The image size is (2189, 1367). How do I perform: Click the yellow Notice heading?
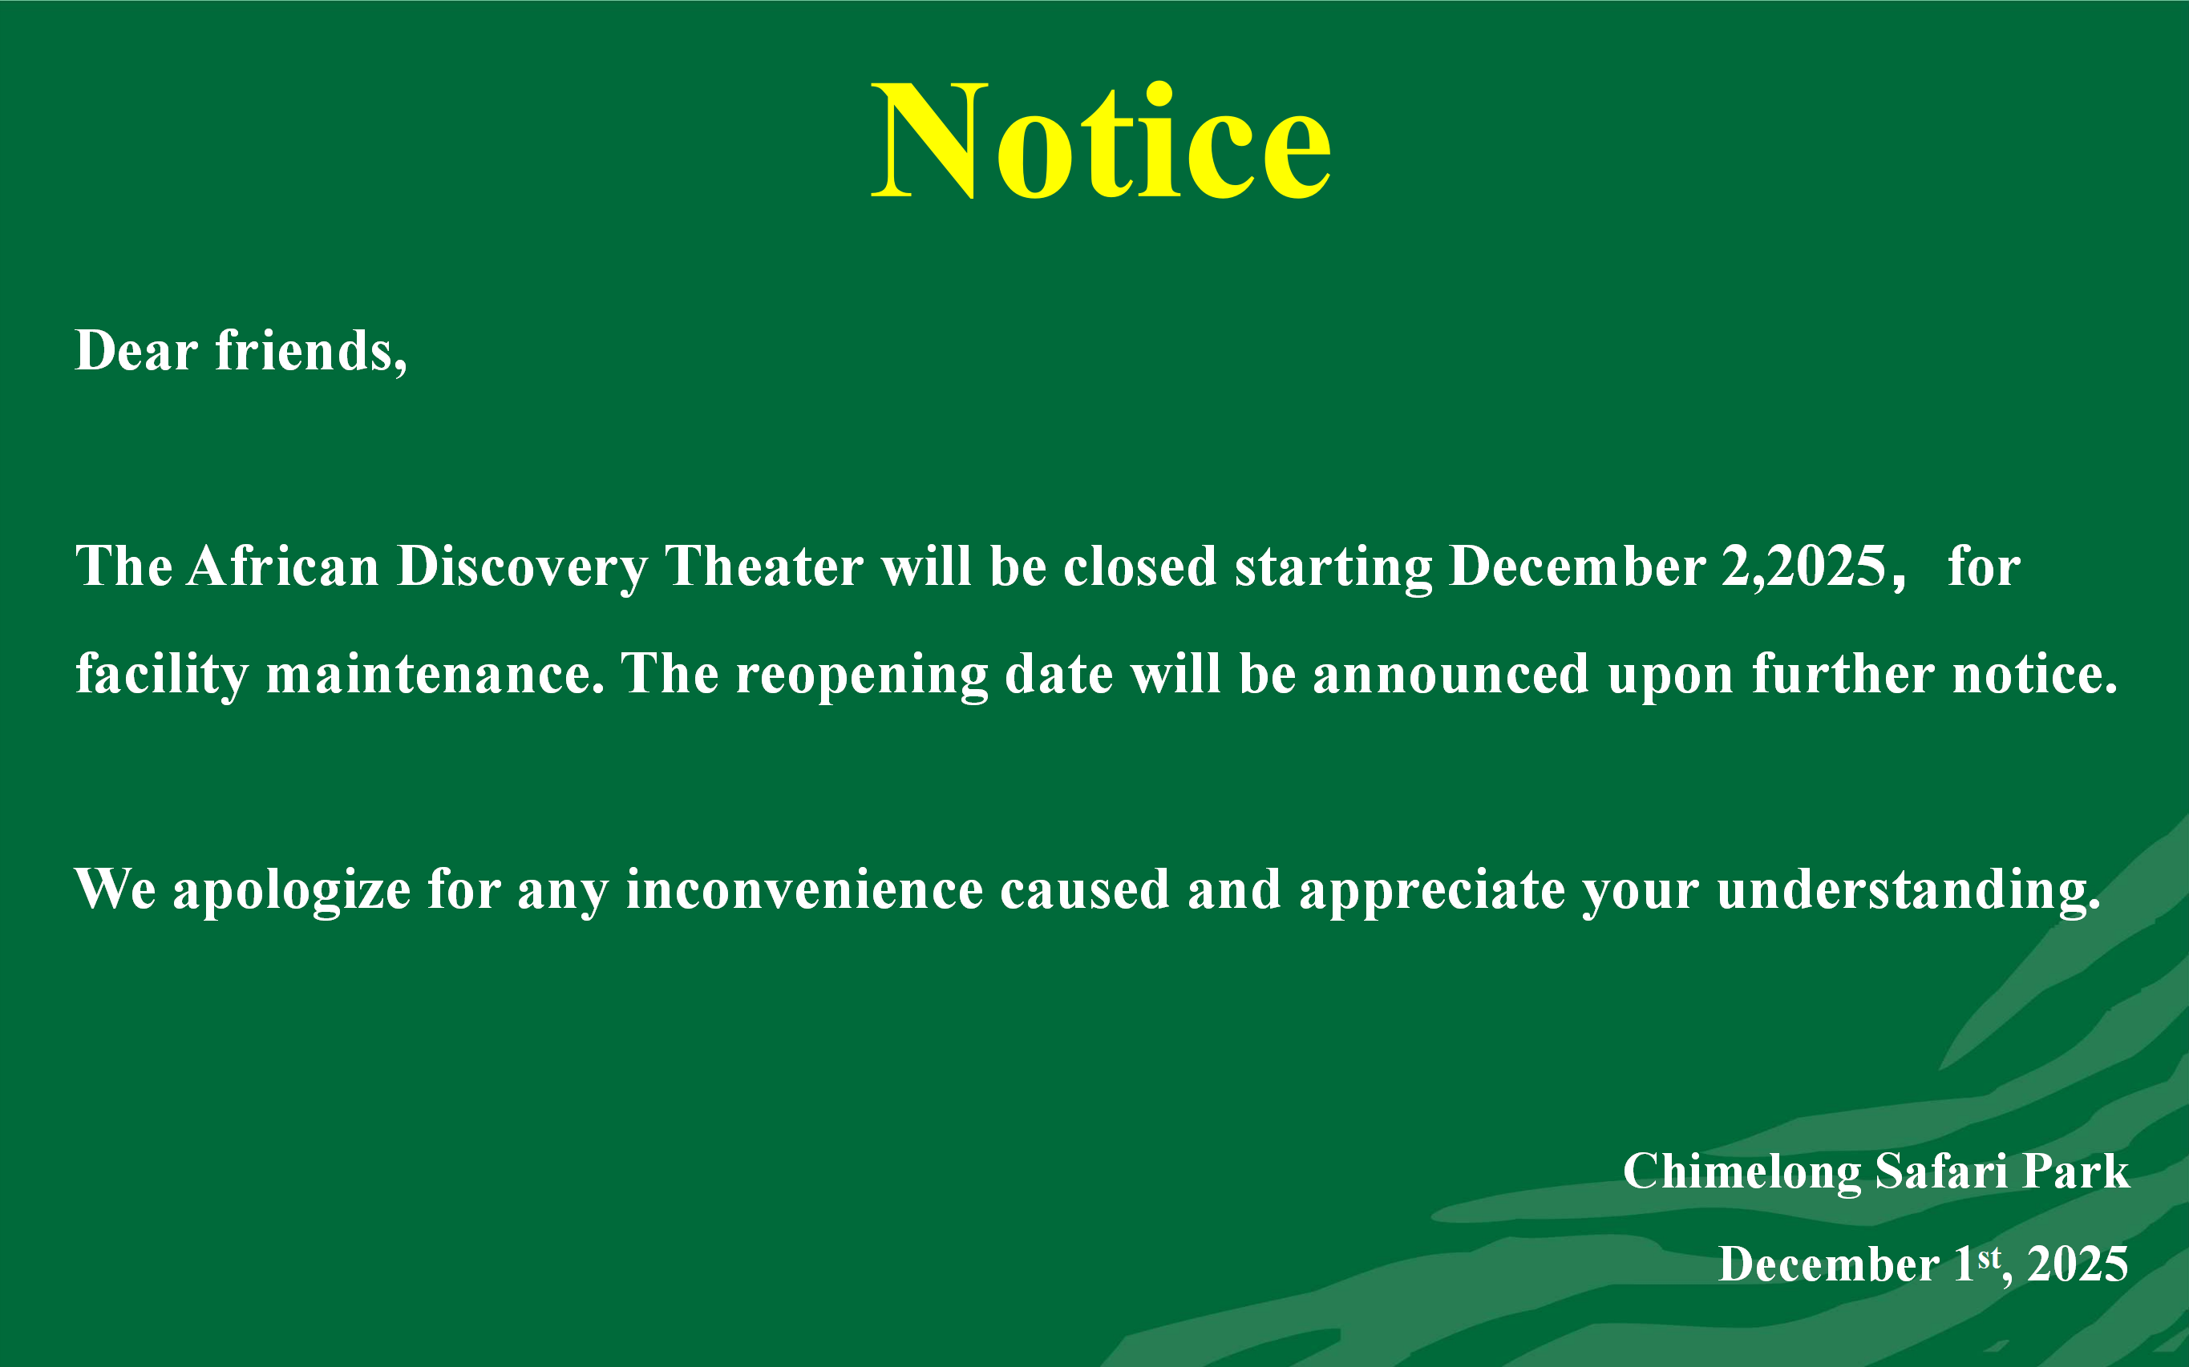click(x=1101, y=140)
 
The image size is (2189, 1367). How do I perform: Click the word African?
click(x=283, y=566)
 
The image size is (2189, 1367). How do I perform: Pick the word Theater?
click(x=764, y=566)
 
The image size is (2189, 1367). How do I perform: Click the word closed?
click(x=1139, y=566)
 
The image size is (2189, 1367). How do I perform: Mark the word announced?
click(x=1451, y=675)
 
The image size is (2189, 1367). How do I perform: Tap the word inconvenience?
click(x=804, y=889)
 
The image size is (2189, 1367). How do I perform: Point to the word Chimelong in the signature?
click(x=1742, y=1172)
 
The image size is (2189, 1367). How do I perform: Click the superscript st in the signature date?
click(x=1989, y=1257)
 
